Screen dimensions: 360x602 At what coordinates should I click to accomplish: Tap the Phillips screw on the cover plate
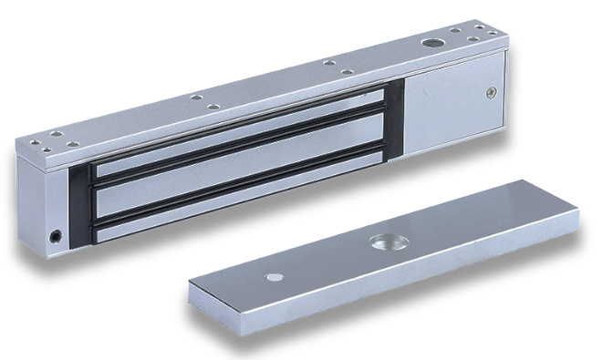tap(492, 91)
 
